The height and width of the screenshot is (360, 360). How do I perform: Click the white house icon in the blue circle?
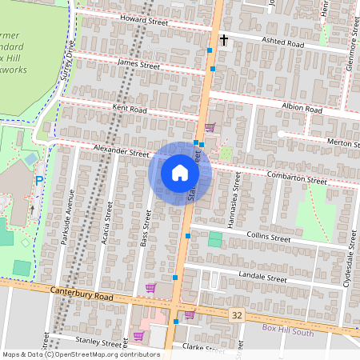pyautogui.click(x=180, y=173)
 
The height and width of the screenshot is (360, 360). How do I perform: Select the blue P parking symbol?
pyautogui.click(x=38, y=182)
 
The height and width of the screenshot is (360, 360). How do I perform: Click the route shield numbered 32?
pyautogui.click(x=237, y=316)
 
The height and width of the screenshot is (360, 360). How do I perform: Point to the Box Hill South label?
pyautogui.click(x=294, y=328)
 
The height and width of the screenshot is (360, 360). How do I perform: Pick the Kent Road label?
pyautogui.click(x=130, y=109)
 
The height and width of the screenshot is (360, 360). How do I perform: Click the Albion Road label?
pyautogui.click(x=302, y=107)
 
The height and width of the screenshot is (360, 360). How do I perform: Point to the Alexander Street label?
pyautogui.click(x=121, y=151)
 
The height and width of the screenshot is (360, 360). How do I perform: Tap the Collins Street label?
pyautogui.click(x=268, y=238)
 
